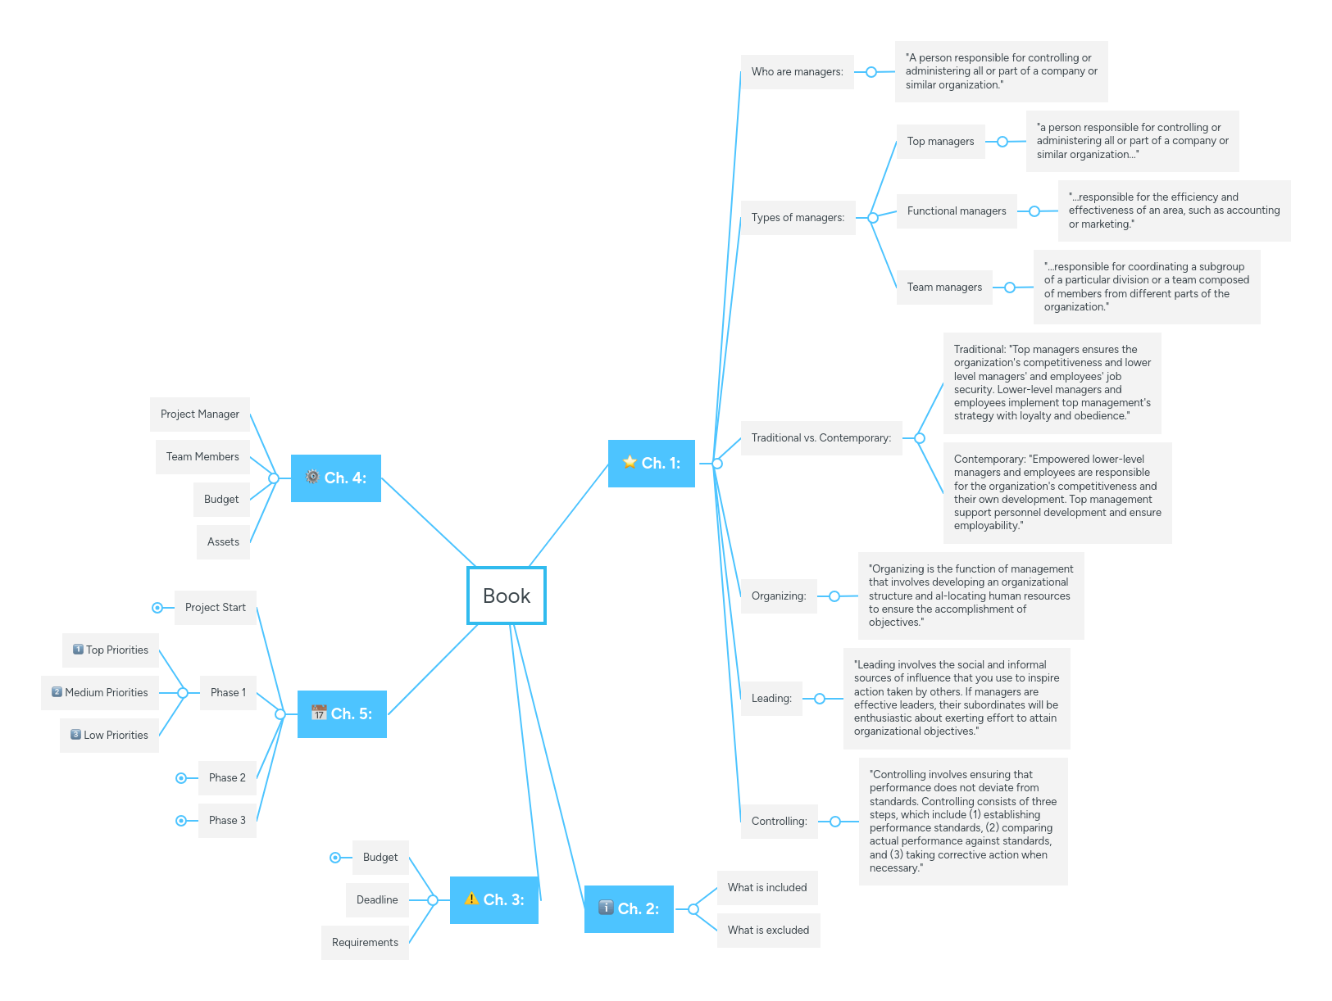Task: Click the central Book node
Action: coord(507,596)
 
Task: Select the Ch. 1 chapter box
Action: coord(652,464)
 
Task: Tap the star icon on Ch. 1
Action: coord(630,462)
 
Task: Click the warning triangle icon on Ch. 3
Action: coord(471,899)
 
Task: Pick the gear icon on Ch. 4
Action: coord(312,477)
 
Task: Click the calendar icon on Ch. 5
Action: coord(319,713)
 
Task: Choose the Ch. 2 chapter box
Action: coord(629,908)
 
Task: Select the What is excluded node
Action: coord(768,930)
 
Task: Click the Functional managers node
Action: coord(957,211)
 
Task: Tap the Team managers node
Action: coord(944,288)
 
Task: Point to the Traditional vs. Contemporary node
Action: coord(821,438)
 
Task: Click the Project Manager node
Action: coord(200,414)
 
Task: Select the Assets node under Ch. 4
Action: coord(223,542)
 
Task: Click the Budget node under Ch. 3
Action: coord(380,858)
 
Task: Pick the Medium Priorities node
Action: coord(100,693)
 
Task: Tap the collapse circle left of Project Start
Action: coord(157,608)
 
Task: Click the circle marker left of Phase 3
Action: coord(181,821)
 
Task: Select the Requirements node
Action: coord(365,943)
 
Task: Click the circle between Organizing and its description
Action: coord(834,596)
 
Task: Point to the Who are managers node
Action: coord(797,72)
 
